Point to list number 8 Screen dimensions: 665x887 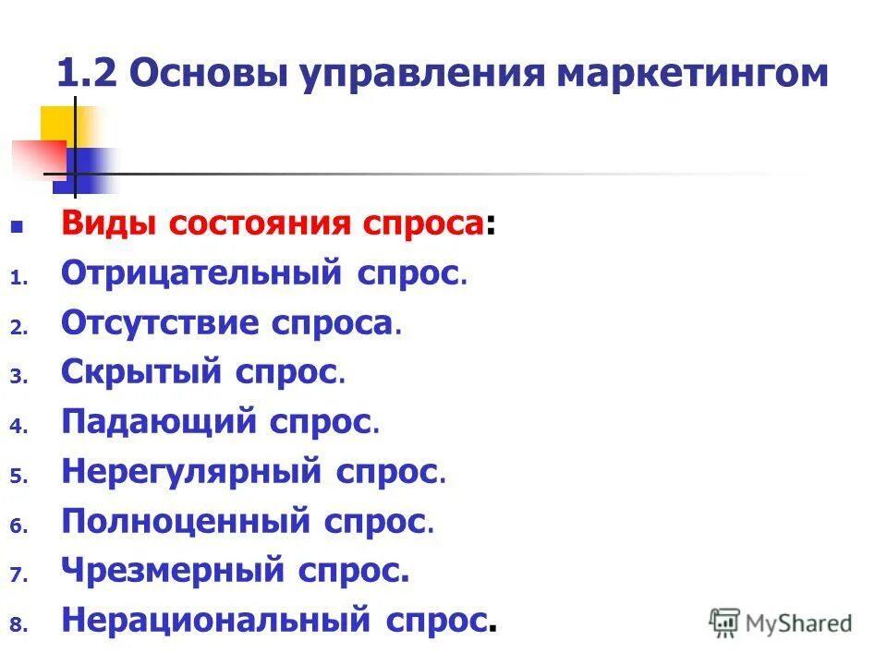tap(16, 625)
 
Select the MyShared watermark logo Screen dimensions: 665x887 tap(781, 623)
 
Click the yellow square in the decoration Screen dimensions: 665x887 tap(57, 124)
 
